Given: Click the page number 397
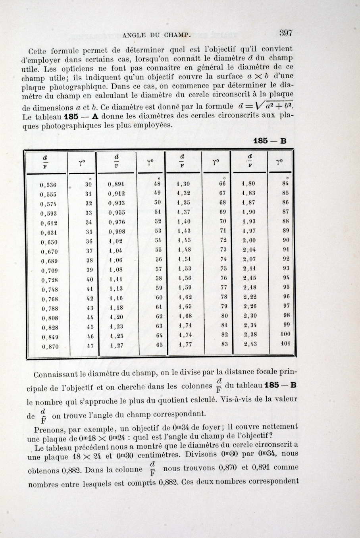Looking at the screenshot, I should point(285,33).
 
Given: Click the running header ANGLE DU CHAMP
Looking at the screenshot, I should point(157,35).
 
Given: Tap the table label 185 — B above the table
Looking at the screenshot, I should point(270,141).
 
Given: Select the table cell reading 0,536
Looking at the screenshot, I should point(48,185).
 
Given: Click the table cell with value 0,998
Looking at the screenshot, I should point(117,232).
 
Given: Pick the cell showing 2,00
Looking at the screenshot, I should point(249,240).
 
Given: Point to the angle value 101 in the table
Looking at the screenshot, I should point(285,343).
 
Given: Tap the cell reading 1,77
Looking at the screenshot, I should point(185,345).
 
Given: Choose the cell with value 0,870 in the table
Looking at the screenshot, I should point(50,347).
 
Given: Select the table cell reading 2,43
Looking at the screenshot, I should point(250,344).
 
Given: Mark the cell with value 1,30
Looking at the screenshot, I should point(183,184).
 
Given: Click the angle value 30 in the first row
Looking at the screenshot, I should point(89,185).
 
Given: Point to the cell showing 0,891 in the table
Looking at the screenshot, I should point(116,184).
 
